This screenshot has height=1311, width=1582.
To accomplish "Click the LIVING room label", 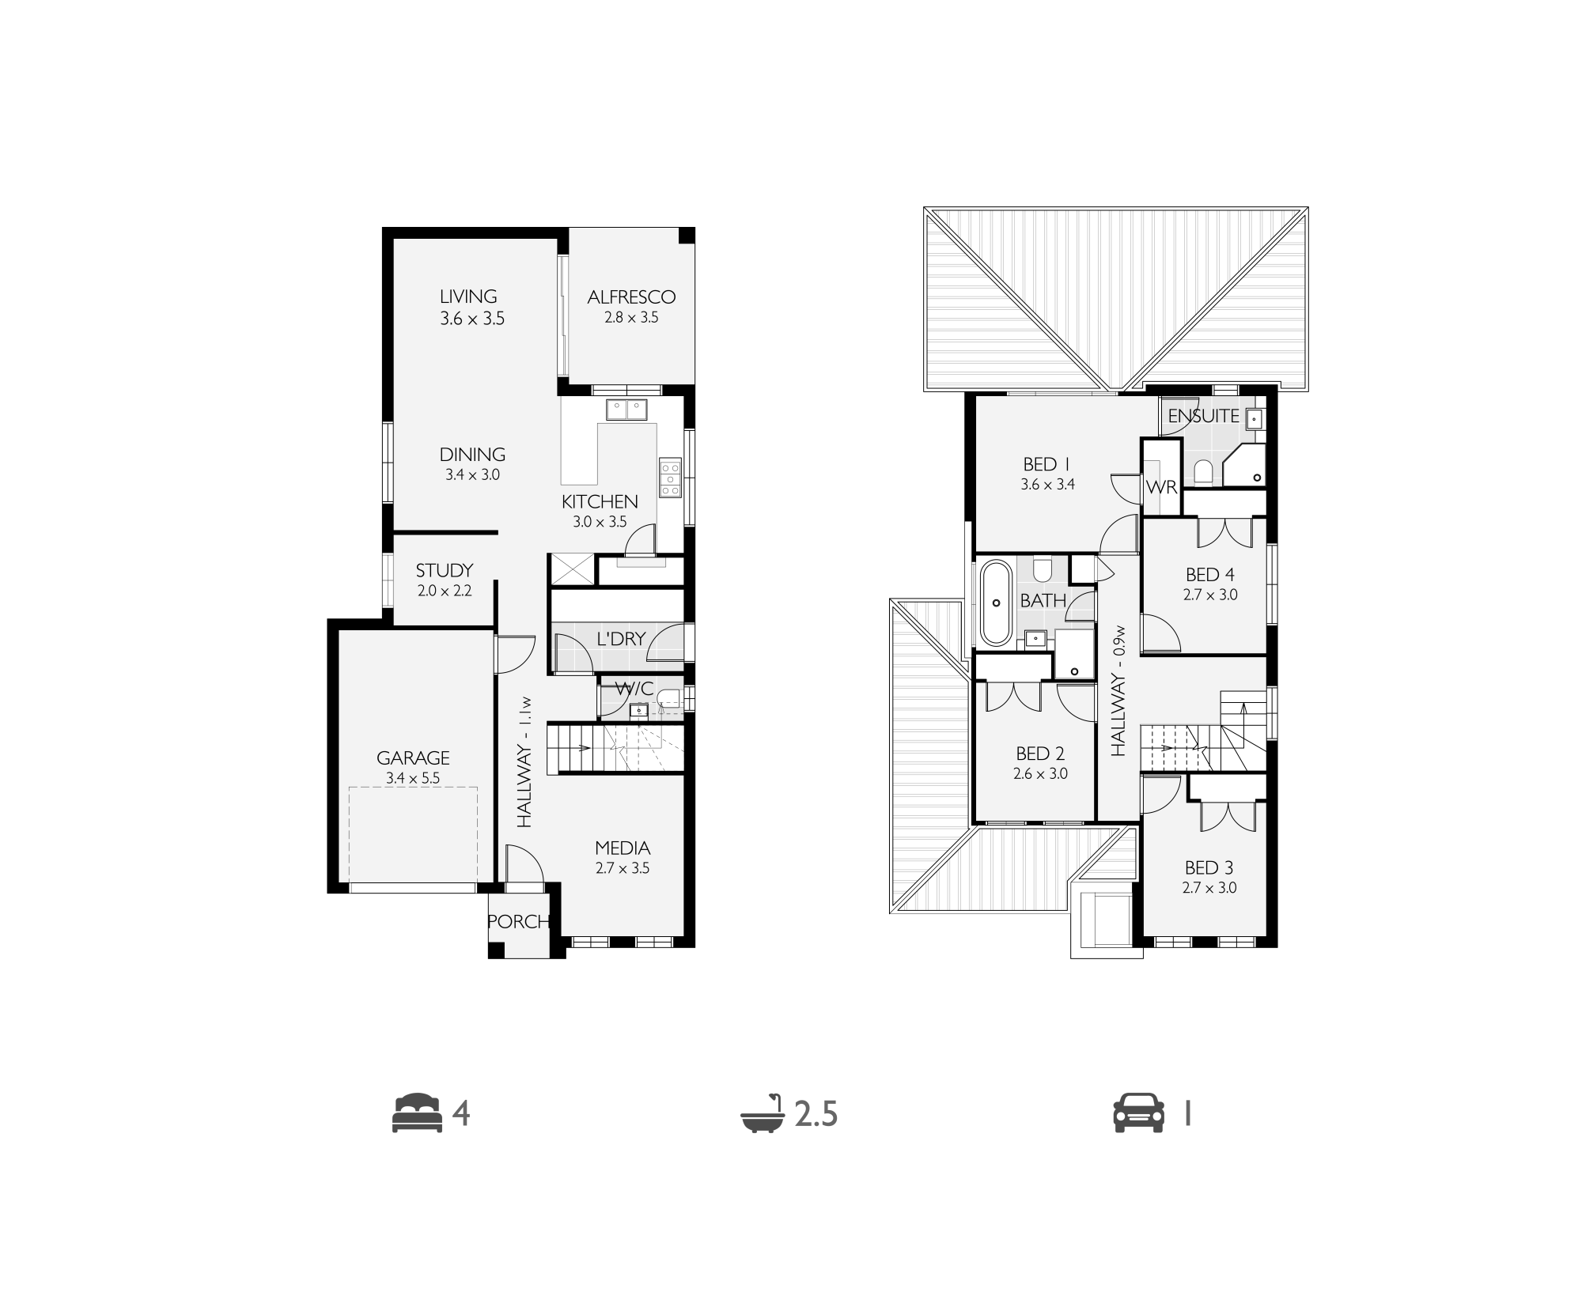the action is tap(468, 297).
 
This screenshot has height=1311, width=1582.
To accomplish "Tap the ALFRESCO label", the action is tap(631, 297).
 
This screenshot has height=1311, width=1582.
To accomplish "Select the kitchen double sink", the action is tap(626, 410).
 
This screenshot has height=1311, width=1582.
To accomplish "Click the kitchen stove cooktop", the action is tap(669, 478).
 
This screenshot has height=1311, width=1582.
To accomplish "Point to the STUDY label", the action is tap(445, 570).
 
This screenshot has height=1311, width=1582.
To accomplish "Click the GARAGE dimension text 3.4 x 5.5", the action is tap(413, 778).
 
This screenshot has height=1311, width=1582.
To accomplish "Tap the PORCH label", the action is tap(518, 921).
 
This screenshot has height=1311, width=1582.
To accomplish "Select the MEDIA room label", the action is tap(623, 848).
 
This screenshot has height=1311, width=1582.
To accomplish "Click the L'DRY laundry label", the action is tap(621, 638).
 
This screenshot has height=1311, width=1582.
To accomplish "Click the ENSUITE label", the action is tap(1203, 416).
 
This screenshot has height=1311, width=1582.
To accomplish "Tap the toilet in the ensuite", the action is tap(1203, 472).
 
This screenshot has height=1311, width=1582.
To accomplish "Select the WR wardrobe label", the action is tap(1161, 487).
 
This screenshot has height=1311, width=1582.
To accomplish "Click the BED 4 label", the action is tap(1209, 575).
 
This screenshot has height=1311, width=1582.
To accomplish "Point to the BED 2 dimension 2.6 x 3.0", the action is tap(1040, 774).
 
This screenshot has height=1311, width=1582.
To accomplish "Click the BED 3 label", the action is tap(1209, 868).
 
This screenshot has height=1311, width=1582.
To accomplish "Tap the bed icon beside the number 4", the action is tap(418, 1113).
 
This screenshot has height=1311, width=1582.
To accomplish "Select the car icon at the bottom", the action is tap(1139, 1113).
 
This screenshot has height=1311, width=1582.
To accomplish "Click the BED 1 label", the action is tap(1046, 464).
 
